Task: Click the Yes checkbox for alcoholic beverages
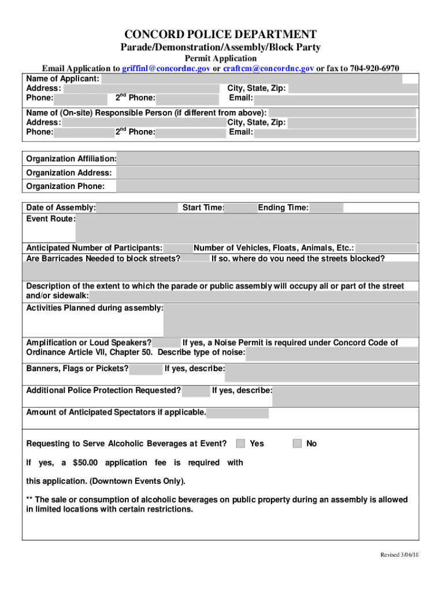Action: (x=240, y=443)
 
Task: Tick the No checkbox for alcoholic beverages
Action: (x=297, y=443)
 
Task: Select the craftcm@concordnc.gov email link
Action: (x=269, y=68)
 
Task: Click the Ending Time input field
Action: (x=327, y=208)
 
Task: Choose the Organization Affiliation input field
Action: (x=267, y=159)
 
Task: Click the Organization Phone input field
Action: (x=267, y=186)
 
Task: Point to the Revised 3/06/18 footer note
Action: (x=399, y=555)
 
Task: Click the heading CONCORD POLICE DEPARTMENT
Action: (x=221, y=35)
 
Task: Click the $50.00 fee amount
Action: (x=86, y=462)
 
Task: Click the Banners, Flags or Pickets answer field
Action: (x=146, y=369)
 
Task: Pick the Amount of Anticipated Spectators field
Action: (x=238, y=413)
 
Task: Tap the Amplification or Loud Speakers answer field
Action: (x=166, y=343)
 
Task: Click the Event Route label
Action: (x=50, y=219)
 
